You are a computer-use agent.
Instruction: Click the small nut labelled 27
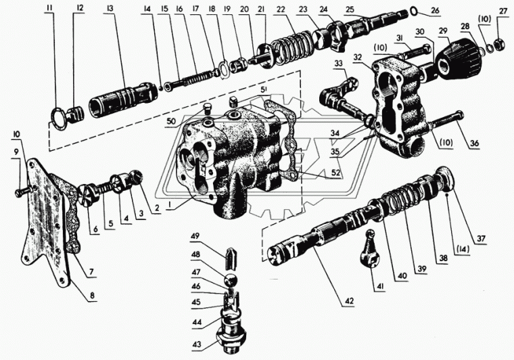496,43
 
